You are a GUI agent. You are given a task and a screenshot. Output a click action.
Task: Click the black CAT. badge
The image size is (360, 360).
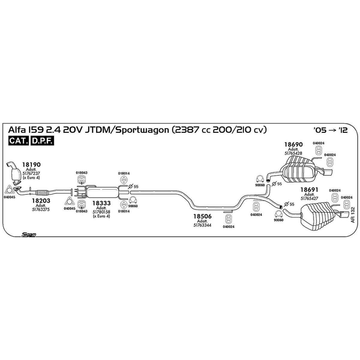19,141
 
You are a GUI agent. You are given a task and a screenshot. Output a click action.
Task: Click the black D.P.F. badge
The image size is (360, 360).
42,141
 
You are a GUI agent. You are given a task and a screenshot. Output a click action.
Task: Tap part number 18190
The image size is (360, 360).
31,164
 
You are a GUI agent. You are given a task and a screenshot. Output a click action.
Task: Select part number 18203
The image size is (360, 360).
41,201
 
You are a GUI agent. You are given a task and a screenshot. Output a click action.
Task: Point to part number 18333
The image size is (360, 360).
101,203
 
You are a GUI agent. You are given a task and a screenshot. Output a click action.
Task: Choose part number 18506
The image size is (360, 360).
202,216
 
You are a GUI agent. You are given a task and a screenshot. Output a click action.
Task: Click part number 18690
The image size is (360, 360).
293,144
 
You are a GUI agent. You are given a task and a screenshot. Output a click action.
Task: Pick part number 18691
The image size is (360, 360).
309,190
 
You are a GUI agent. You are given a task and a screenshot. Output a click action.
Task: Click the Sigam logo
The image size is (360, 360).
29,235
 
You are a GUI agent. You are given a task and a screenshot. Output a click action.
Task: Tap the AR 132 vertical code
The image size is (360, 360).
352,214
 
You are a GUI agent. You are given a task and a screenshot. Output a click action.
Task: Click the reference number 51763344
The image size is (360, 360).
202,225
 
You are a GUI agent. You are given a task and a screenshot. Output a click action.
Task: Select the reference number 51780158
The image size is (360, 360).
101,212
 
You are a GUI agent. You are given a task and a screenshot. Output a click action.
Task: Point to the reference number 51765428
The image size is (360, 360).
293,153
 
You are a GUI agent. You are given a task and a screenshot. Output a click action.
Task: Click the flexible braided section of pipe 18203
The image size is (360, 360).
42,193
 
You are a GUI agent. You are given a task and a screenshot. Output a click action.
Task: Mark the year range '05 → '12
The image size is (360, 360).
330,130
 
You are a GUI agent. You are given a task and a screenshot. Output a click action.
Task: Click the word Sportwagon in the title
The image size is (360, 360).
142,130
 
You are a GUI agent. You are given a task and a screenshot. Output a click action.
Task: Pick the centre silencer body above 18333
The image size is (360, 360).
102,192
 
